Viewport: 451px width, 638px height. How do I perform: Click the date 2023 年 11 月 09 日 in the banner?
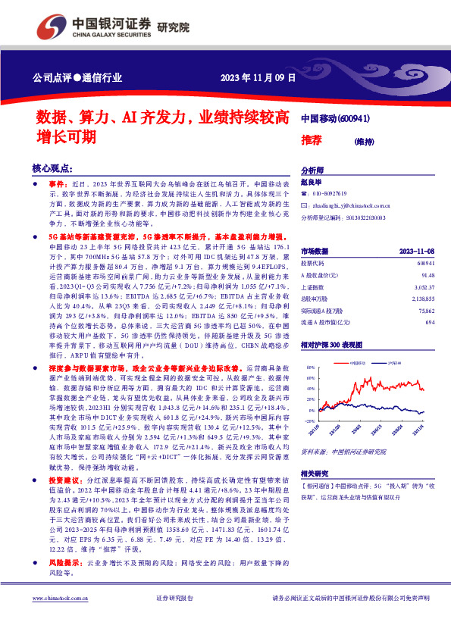[x=258, y=79]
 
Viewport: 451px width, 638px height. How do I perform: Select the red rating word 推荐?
[x=312, y=139]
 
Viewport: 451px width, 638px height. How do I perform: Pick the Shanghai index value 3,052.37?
[x=424, y=288]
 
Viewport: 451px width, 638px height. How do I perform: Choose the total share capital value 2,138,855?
[x=422, y=300]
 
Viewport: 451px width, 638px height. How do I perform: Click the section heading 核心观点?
[x=52, y=168]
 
